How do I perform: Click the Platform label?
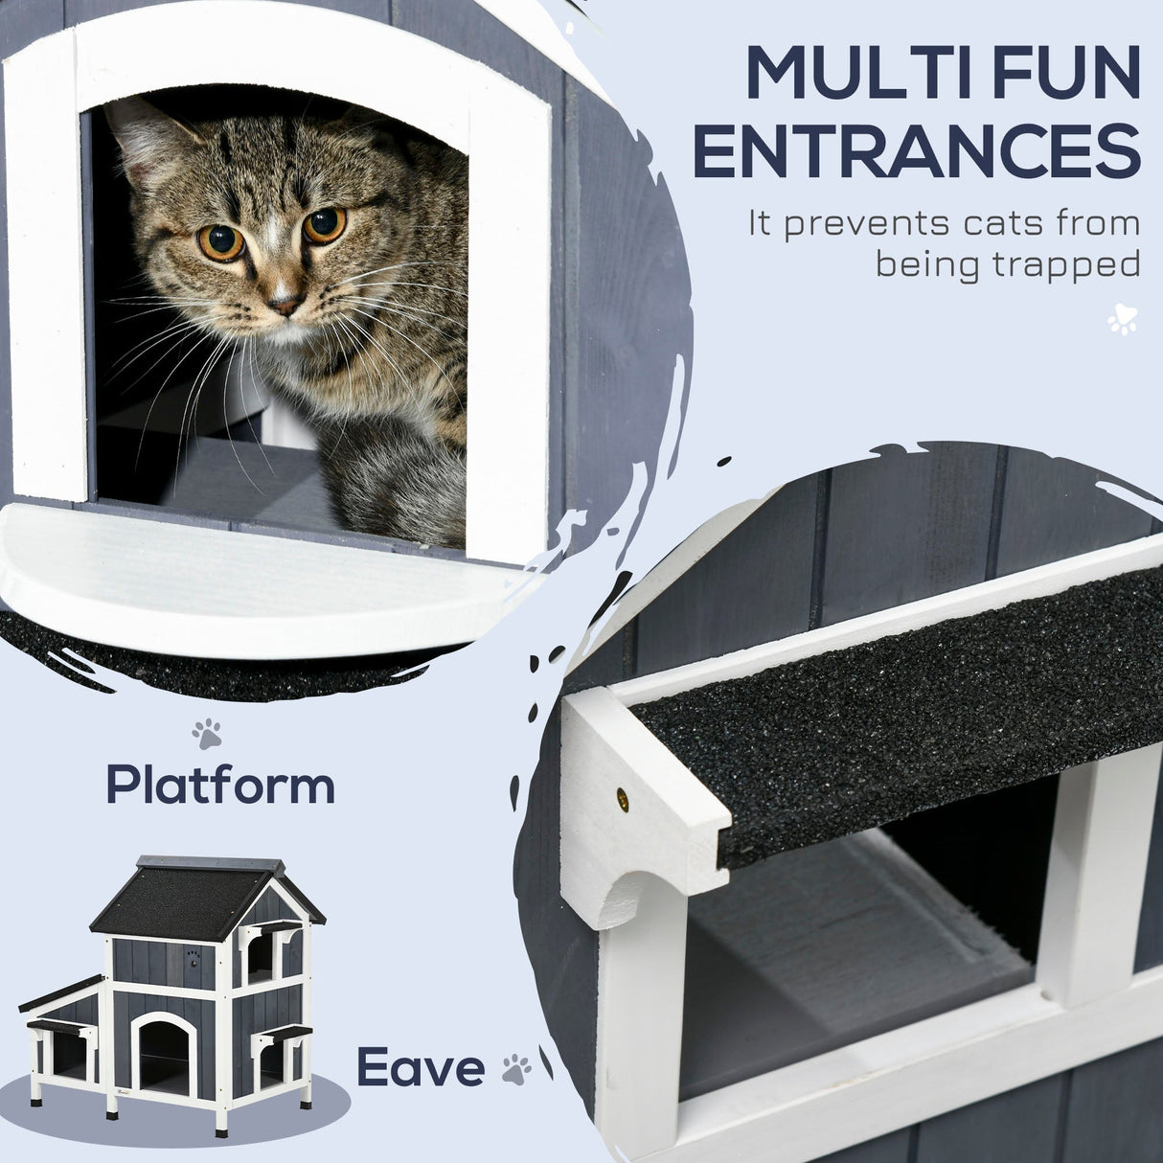(x=220, y=785)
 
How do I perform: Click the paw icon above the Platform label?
(x=206, y=735)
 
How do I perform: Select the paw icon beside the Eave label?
(x=516, y=1069)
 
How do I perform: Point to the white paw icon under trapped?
(x=1122, y=320)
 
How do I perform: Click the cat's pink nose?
(x=284, y=305)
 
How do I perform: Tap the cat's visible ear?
(x=144, y=134)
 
